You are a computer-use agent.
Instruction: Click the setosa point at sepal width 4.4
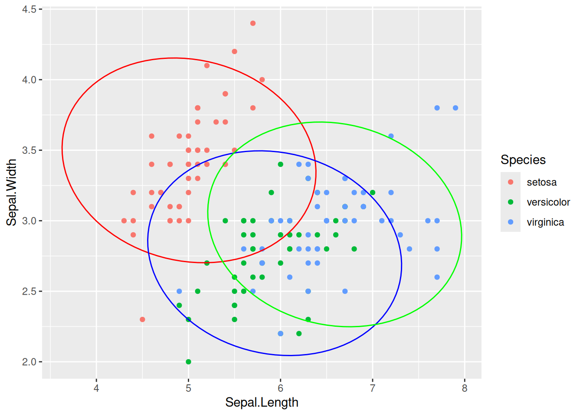tap(253, 23)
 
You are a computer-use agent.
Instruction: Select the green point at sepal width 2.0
tap(188, 362)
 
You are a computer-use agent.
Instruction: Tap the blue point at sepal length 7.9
tap(455, 108)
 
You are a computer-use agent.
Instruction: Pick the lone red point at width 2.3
tap(142, 319)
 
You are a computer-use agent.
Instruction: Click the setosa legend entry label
tap(541, 182)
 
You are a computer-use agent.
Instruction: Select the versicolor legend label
tap(548, 202)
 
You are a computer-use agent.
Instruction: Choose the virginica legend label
tap(545, 222)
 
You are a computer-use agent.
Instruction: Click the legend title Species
tap(523, 160)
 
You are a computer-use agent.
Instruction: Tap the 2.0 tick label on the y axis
tap(29, 362)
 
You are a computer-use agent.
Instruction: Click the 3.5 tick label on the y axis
tap(29, 150)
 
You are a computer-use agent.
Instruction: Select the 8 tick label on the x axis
tap(465, 388)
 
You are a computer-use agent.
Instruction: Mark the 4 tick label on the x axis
tap(96, 388)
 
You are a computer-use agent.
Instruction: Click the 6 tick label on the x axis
tap(281, 388)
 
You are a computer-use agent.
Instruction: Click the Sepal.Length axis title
tap(262, 403)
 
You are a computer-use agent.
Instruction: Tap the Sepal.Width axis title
tap(12, 192)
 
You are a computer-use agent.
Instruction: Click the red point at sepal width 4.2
tap(235, 52)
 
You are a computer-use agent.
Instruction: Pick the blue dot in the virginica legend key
tap(511, 222)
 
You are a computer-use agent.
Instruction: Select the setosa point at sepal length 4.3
tap(124, 221)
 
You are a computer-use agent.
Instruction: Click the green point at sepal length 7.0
tap(373, 192)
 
